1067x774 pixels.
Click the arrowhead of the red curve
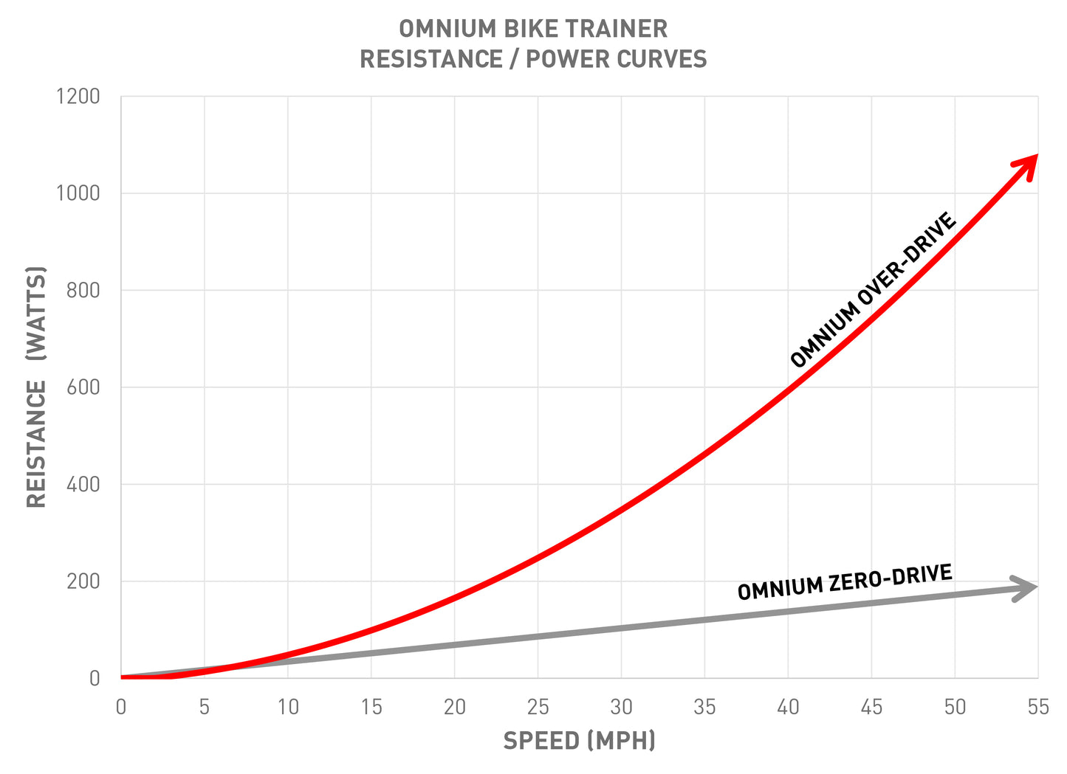(x=1027, y=165)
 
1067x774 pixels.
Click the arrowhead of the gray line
(x=1027, y=587)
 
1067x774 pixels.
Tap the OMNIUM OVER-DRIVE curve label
(x=874, y=290)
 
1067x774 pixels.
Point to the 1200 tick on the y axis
(x=78, y=97)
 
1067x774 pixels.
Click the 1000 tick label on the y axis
(x=78, y=193)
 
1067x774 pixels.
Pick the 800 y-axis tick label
(x=83, y=291)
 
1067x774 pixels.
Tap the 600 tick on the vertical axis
(x=83, y=387)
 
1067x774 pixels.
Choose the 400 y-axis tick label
(x=83, y=485)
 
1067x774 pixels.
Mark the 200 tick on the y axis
(x=83, y=581)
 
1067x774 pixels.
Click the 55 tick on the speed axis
(x=1037, y=707)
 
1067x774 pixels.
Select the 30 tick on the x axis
(x=621, y=707)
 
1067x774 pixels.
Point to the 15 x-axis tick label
(x=371, y=707)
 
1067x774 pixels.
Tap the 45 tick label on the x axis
(x=871, y=707)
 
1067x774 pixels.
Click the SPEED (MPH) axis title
(x=579, y=741)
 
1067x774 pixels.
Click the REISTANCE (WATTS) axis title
(x=36, y=387)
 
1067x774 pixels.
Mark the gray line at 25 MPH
(x=538, y=636)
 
